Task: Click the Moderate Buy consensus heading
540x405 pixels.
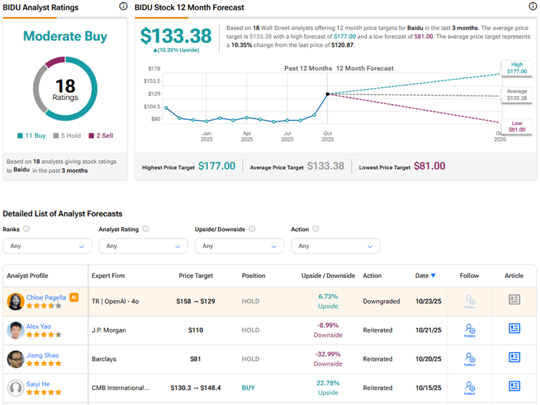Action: tap(65, 36)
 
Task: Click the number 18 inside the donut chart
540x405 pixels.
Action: tap(65, 85)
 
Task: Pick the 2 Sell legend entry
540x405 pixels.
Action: tap(101, 136)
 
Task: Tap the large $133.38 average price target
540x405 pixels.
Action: tap(176, 36)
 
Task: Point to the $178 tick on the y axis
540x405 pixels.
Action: tap(154, 69)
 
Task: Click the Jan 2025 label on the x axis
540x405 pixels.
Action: tap(206, 136)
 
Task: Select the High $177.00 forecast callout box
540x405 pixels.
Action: tap(517, 68)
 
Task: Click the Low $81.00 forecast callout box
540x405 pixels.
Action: tap(516, 126)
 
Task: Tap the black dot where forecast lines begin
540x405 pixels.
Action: tap(328, 94)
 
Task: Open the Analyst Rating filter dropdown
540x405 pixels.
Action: tap(144, 246)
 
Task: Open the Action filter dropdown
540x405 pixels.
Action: tap(335, 246)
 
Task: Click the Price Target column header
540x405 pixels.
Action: tap(196, 276)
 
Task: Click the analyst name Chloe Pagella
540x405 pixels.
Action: tap(46, 297)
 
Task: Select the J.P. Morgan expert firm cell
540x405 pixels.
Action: tap(109, 330)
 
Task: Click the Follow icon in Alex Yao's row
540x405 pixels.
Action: tap(470, 330)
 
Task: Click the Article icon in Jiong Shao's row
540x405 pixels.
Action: tap(514, 357)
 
